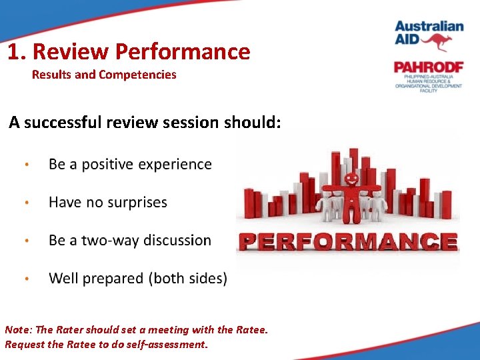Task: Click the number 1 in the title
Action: pos(13,52)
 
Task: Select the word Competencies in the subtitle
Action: pos(137,75)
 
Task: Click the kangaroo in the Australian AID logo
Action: pos(437,42)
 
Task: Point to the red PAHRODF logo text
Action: pos(427,67)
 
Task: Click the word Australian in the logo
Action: pos(429,27)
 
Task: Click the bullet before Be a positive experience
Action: pos(26,165)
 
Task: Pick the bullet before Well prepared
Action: pos(26,279)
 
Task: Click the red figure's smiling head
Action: pos(351,179)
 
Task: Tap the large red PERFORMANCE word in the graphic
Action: pos(347,241)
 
